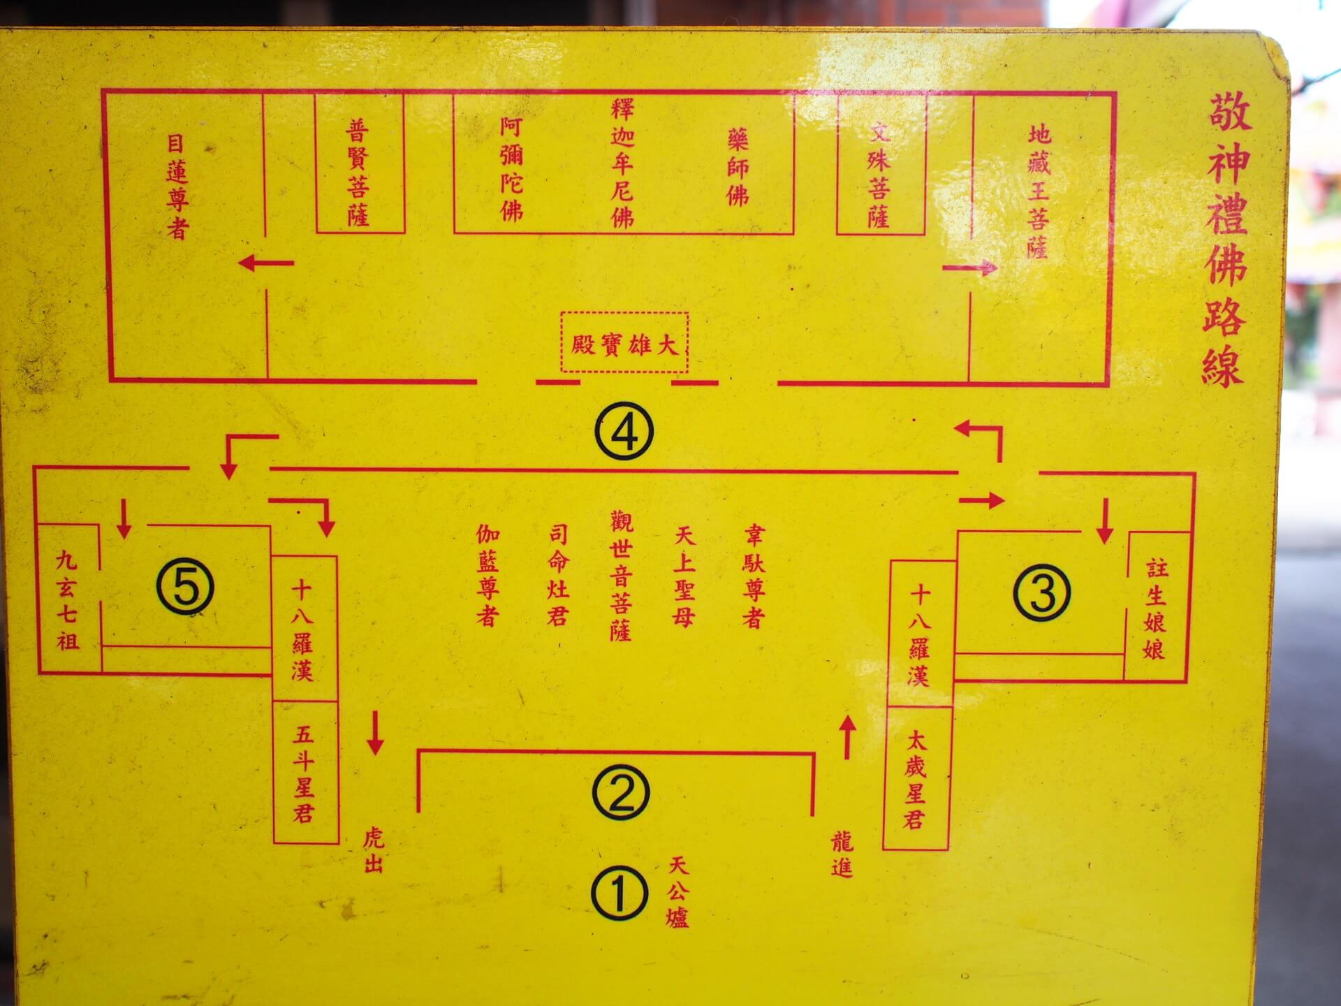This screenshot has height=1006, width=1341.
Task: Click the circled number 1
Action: (x=620, y=894)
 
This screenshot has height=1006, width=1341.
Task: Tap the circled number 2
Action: (x=621, y=792)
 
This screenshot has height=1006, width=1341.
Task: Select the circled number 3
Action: (x=1041, y=592)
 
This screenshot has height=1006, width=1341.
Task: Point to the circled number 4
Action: (x=624, y=432)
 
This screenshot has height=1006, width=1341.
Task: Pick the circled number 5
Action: (x=185, y=588)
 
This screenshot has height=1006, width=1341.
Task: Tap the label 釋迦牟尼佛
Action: (x=622, y=163)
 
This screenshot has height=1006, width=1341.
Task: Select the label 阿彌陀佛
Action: (x=511, y=169)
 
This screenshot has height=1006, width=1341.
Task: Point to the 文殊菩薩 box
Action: (x=880, y=175)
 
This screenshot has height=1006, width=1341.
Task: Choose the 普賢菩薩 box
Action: (x=358, y=172)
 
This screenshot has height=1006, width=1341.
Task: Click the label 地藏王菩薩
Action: (x=1039, y=191)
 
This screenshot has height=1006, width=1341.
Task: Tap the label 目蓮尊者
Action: (x=177, y=186)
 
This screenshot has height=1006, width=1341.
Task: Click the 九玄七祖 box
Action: (x=68, y=599)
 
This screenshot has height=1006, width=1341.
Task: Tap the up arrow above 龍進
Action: (x=847, y=737)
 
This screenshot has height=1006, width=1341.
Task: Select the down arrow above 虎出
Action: (x=375, y=733)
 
